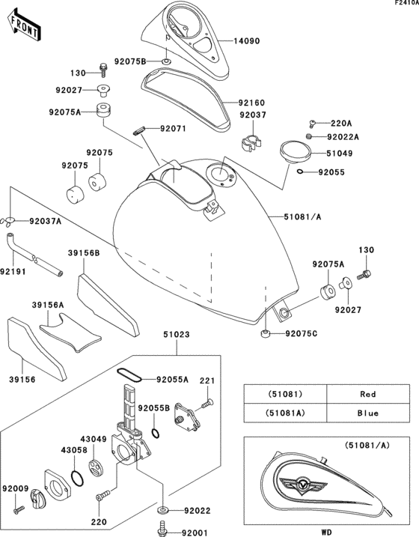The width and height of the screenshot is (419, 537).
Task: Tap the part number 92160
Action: click(253, 102)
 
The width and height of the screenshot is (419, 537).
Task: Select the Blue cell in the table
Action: click(367, 413)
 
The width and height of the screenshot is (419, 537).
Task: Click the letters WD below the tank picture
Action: click(327, 532)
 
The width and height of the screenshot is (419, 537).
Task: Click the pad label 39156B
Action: click(84, 253)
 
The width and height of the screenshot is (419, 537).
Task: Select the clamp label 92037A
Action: click(46, 222)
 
